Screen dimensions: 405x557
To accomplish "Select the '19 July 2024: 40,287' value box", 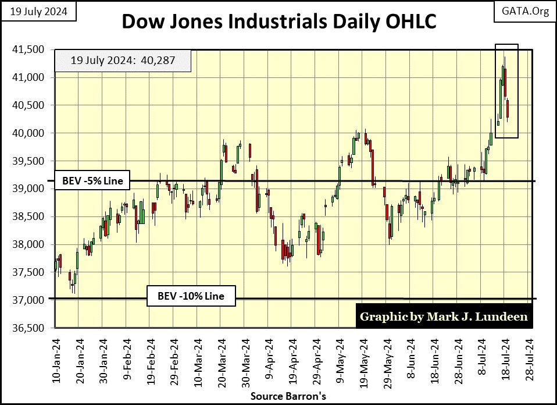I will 123,59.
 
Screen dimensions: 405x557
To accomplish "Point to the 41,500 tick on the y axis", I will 28,49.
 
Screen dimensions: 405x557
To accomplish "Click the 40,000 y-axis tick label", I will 28,133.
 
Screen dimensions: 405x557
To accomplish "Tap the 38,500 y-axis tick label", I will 28,216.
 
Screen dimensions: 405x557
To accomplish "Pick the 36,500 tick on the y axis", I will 28,328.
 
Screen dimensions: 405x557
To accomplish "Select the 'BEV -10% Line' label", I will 191,296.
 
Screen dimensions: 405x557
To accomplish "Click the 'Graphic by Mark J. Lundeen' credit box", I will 443,317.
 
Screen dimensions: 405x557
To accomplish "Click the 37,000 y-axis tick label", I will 28,300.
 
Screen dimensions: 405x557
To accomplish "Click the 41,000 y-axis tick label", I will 28,77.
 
